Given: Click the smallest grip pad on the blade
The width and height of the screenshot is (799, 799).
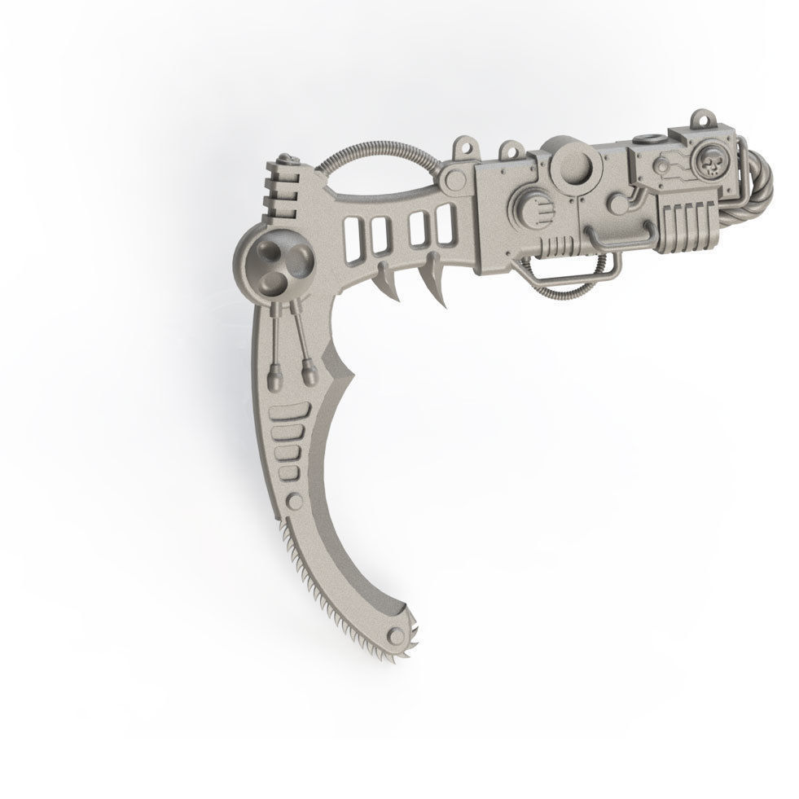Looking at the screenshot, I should point(288,473).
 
